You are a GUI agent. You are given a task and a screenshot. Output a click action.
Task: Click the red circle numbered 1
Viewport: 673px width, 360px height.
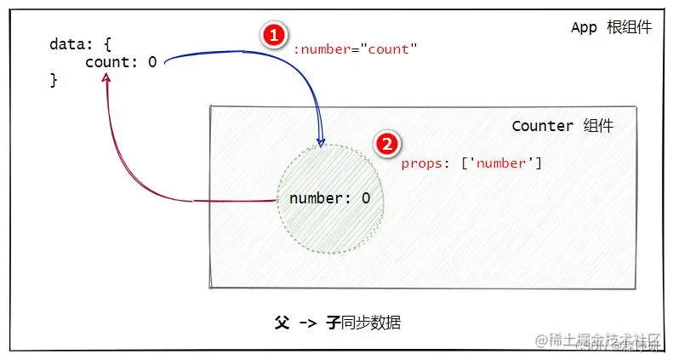pos(271,35)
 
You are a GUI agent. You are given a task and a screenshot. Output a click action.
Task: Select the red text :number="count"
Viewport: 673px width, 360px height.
pos(356,49)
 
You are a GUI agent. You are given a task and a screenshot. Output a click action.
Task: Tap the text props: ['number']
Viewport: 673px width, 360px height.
pos(471,163)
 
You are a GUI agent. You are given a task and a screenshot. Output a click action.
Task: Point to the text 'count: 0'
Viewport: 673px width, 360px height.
pos(121,62)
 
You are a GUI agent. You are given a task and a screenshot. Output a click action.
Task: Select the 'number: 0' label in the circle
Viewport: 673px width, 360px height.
pos(330,198)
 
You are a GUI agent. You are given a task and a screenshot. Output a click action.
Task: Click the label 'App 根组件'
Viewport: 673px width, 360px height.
pos(611,27)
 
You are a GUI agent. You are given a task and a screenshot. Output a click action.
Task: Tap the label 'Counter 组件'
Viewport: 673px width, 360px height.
pos(562,126)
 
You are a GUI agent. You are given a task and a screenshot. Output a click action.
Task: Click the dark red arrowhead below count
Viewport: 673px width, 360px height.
pos(106,77)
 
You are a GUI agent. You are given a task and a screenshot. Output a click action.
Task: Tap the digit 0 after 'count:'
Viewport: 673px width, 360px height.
pos(152,62)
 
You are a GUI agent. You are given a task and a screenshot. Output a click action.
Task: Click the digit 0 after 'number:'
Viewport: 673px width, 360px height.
pos(366,198)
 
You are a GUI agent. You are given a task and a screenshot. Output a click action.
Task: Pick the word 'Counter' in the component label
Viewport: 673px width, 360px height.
pos(543,126)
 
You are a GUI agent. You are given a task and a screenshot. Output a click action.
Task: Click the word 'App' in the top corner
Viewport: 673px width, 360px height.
pos(585,27)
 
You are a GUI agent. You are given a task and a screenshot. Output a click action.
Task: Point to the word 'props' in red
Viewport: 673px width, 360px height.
pos(421,163)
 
